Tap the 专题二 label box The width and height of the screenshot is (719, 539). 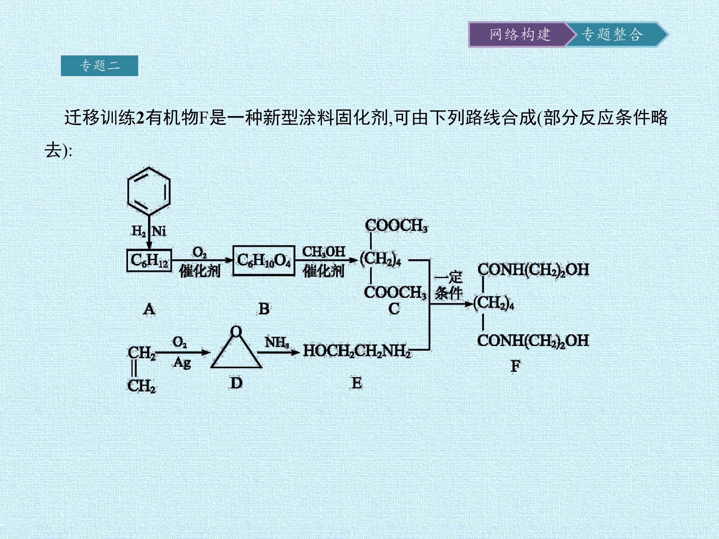pyautogui.click(x=99, y=66)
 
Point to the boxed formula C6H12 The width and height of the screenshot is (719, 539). pyautogui.click(x=149, y=260)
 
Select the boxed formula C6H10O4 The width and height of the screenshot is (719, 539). pyautogui.click(x=264, y=260)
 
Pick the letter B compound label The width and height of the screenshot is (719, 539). pyautogui.click(x=264, y=309)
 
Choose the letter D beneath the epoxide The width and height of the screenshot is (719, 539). pyautogui.click(x=236, y=383)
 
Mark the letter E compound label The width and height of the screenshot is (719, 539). pyautogui.click(x=357, y=383)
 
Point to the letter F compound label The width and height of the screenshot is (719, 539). pyautogui.click(x=515, y=366)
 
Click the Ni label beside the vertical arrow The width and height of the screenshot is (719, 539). pyautogui.click(x=159, y=231)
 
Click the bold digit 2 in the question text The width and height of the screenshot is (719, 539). pyautogui.click(x=140, y=118)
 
